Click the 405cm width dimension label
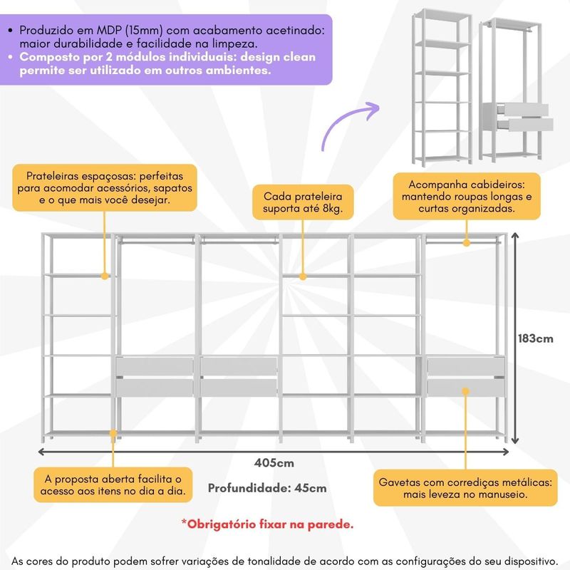274,463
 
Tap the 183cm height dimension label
535,338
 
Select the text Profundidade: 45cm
267,488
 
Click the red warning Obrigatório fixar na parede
266,524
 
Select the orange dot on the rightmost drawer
465,390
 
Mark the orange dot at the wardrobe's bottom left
113,432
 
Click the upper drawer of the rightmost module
465,366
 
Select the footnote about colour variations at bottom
285,561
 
